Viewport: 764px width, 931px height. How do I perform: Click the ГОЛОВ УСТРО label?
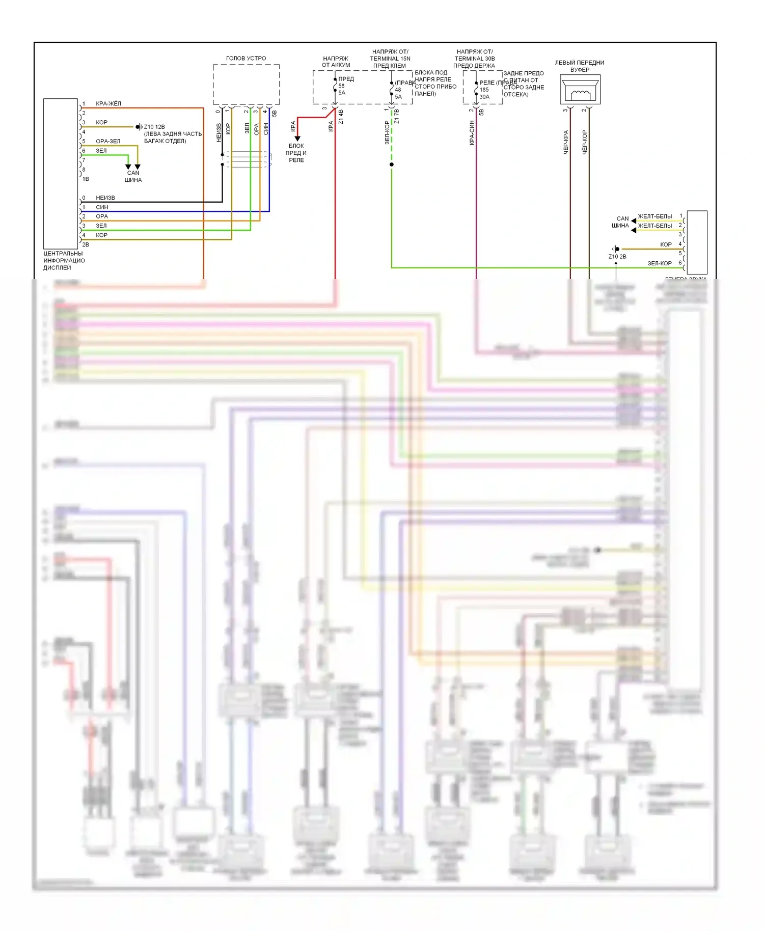coord(246,59)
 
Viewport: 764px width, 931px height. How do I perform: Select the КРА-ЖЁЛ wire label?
coord(108,104)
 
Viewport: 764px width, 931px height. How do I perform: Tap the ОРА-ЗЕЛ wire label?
coord(108,142)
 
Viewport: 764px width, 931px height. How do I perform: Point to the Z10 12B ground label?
coord(154,127)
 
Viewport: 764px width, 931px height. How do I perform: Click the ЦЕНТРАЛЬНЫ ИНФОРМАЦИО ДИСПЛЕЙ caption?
coord(64,260)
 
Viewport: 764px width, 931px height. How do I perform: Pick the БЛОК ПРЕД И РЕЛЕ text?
coord(296,153)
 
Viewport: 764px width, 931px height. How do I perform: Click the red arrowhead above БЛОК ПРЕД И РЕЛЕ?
coord(297,138)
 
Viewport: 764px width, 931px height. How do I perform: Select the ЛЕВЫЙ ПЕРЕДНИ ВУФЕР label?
coord(580,66)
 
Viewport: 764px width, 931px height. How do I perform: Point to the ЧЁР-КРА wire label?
coord(566,142)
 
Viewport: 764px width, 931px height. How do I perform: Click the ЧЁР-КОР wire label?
coord(585,142)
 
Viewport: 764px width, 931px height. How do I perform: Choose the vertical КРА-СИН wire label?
coord(472,133)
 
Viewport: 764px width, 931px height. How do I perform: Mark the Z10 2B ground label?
coord(617,257)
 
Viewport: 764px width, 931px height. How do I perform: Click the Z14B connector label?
coord(341,117)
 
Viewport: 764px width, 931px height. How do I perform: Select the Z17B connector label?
coord(397,116)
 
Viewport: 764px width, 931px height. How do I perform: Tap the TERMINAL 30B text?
coord(475,59)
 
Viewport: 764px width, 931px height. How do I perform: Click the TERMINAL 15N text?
coord(390,59)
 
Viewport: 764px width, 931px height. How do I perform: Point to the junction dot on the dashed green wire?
coord(391,165)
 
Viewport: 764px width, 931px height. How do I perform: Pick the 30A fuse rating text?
coord(484,97)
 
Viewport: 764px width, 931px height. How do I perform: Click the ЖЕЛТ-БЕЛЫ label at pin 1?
coord(655,216)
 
